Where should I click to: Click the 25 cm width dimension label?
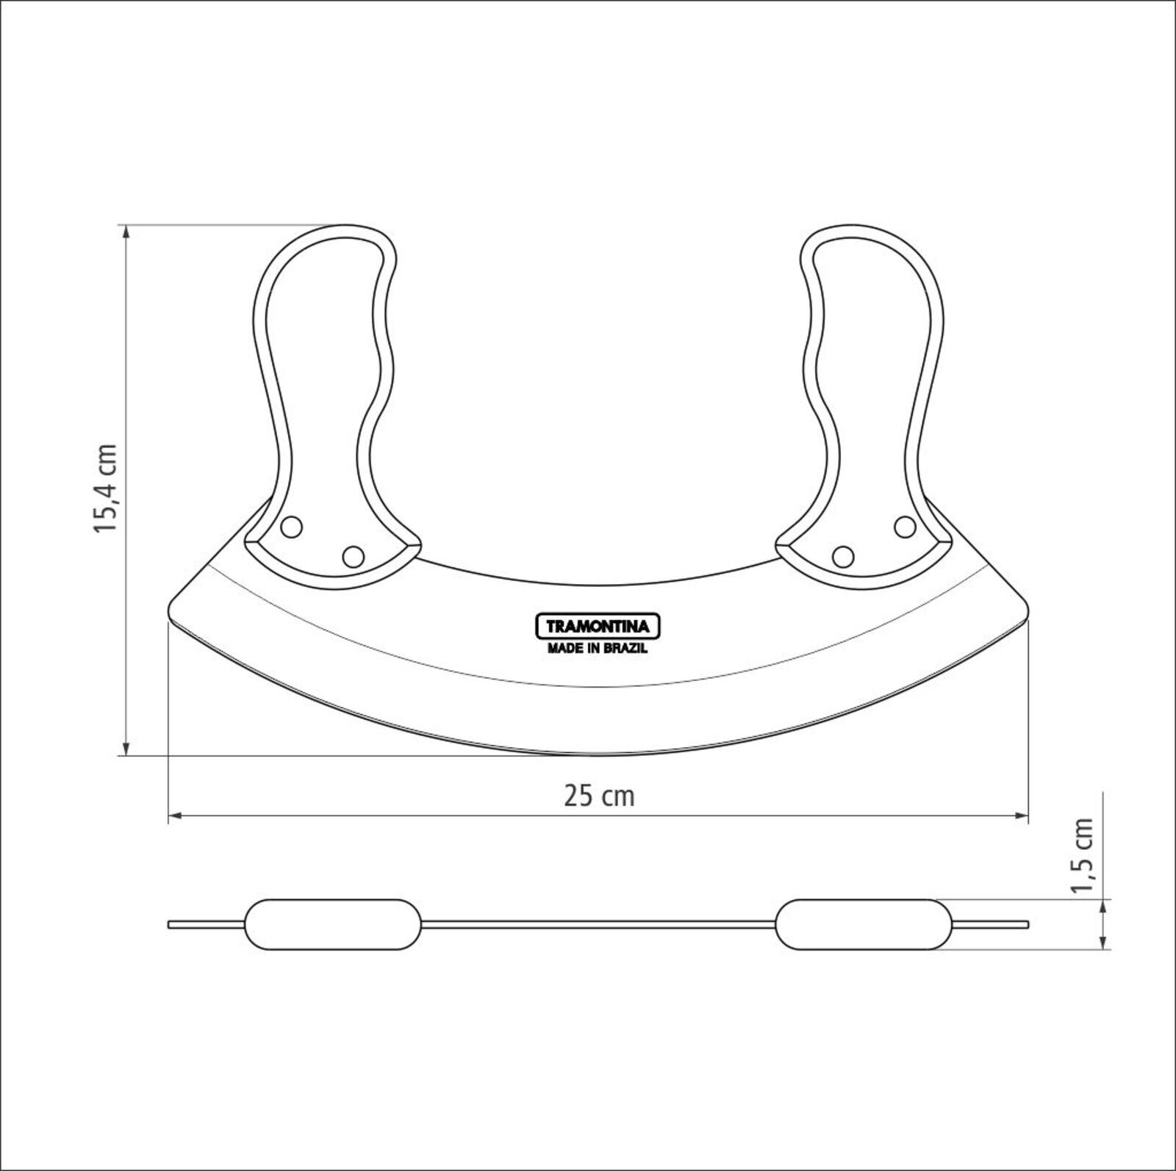599,796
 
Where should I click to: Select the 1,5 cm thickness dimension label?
1083,855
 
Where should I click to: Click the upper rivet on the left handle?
292,526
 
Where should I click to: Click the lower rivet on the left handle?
353,556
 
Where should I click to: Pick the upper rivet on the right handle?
905,526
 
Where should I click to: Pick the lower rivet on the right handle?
843,556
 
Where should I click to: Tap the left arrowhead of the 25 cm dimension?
176,815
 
